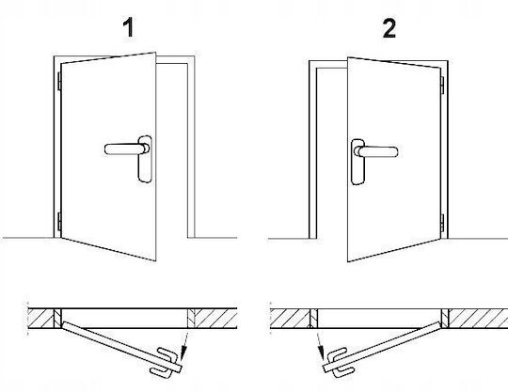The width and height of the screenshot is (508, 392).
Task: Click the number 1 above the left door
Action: pos(129,28)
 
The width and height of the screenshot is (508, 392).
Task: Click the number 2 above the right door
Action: pos(389,28)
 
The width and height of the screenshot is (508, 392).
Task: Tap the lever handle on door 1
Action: pos(126,149)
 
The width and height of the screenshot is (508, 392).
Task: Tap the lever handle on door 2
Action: pos(375,151)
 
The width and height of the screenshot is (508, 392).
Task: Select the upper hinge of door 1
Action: pos(59,81)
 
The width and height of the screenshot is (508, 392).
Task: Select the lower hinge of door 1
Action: pos(59,222)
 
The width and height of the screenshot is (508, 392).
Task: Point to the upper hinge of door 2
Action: pos(442,85)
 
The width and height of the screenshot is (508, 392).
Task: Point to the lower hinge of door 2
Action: pos(442,223)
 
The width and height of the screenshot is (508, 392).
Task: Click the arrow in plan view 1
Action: pos(185,345)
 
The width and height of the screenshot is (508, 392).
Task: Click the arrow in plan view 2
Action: pos(320,346)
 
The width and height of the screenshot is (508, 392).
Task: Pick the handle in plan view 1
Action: pos(166,363)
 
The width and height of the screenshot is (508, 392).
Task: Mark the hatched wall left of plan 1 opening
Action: pos(40,319)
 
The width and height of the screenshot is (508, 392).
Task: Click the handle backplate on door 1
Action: pos(145,159)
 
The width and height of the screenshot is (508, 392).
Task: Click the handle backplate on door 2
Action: pos(357,162)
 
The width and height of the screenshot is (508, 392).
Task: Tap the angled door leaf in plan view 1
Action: pos(121,347)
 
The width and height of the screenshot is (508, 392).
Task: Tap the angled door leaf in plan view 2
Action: pos(382,347)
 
